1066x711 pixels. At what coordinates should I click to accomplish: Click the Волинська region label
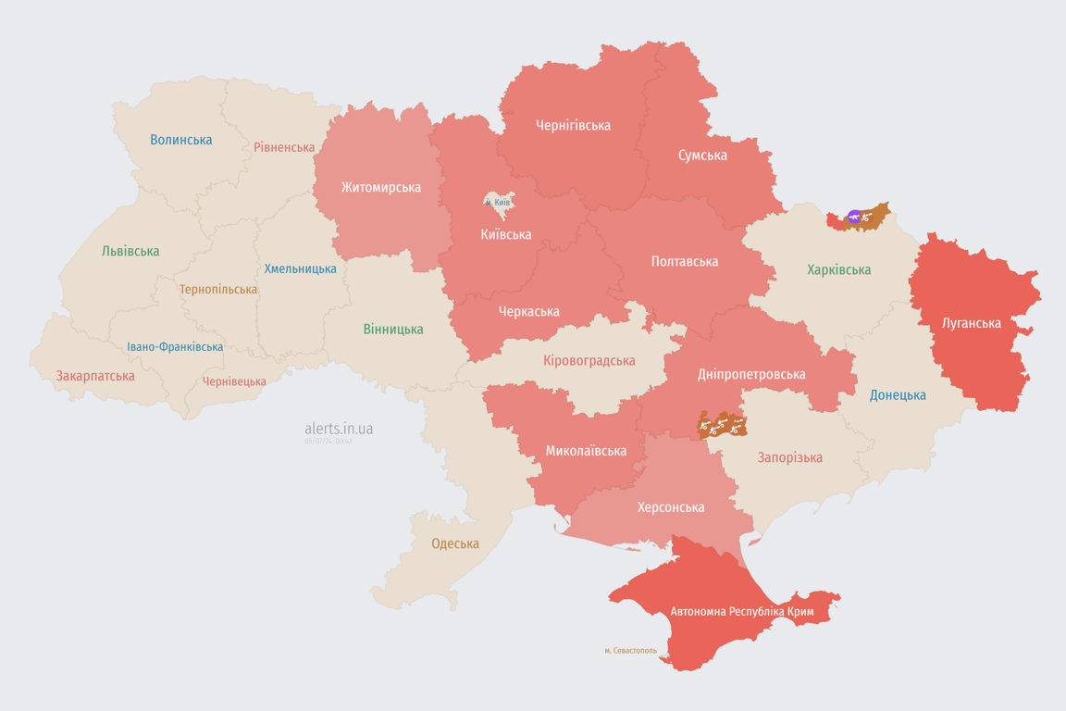(x=181, y=140)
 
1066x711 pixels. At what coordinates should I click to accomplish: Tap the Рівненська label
(x=284, y=147)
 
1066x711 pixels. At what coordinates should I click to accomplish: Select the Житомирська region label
(x=380, y=187)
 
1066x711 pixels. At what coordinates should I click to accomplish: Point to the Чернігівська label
(x=573, y=125)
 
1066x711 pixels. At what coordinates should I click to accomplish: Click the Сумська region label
(x=702, y=155)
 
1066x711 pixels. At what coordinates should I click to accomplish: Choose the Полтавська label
(x=685, y=261)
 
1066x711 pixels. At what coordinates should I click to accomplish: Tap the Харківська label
(x=838, y=269)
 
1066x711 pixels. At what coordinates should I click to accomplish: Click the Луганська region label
(x=971, y=323)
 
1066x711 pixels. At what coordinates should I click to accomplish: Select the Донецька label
(x=898, y=394)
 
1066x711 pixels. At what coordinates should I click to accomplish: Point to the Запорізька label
(x=789, y=457)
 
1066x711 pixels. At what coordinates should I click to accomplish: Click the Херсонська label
(x=671, y=506)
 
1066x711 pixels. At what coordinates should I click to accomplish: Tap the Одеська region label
(x=455, y=543)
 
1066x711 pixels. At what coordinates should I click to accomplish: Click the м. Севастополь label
(x=630, y=650)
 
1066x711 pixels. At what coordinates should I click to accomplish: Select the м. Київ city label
(x=498, y=202)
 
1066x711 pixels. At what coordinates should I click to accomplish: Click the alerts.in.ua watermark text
(x=339, y=429)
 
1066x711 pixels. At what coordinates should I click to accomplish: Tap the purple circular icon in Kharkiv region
(x=854, y=218)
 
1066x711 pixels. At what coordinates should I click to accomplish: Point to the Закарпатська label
(x=95, y=376)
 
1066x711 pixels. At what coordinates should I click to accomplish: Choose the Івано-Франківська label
(x=175, y=347)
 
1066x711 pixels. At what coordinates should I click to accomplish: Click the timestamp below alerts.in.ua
(x=328, y=442)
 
